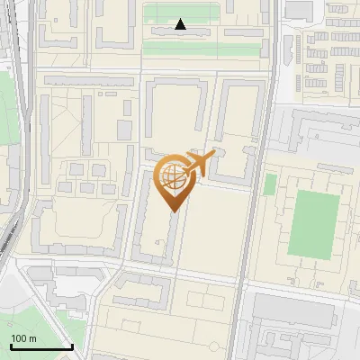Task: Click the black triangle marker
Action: coord(181,24)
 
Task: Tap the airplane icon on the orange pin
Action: coord(197,162)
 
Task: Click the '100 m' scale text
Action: coord(23,337)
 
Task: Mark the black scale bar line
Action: coord(41,346)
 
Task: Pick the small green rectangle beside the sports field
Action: coord(270,184)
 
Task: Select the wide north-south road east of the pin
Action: coord(247,225)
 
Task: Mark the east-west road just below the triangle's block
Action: coord(180,68)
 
